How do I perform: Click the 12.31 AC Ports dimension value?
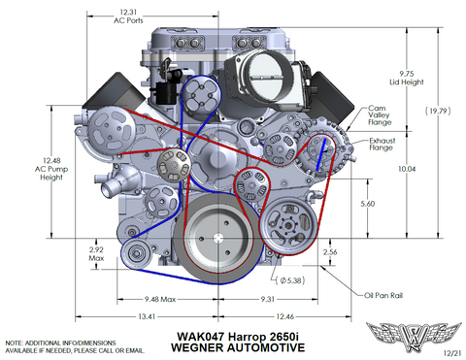tap(128, 16)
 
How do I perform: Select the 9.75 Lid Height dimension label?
tap(407, 78)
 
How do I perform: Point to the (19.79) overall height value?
tap(438, 111)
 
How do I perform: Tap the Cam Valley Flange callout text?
tap(380, 115)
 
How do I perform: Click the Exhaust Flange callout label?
tap(382, 145)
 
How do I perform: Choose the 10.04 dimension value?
tap(407, 169)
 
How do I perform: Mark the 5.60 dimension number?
tap(368, 204)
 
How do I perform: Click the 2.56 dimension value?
tap(330, 252)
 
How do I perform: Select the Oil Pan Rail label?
tap(383, 295)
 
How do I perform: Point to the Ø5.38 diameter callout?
tap(290, 280)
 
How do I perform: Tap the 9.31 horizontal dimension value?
tap(268, 299)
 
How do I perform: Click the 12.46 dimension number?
tap(284, 316)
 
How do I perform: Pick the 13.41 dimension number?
tap(147, 316)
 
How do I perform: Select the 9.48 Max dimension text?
tap(160, 299)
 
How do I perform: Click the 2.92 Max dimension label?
tap(96, 254)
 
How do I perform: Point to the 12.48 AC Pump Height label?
tap(51, 169)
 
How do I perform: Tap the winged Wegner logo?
tap(414, 337)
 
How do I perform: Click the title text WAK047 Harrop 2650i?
tap(238, 337)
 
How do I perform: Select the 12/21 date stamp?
tap(451, 353)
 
